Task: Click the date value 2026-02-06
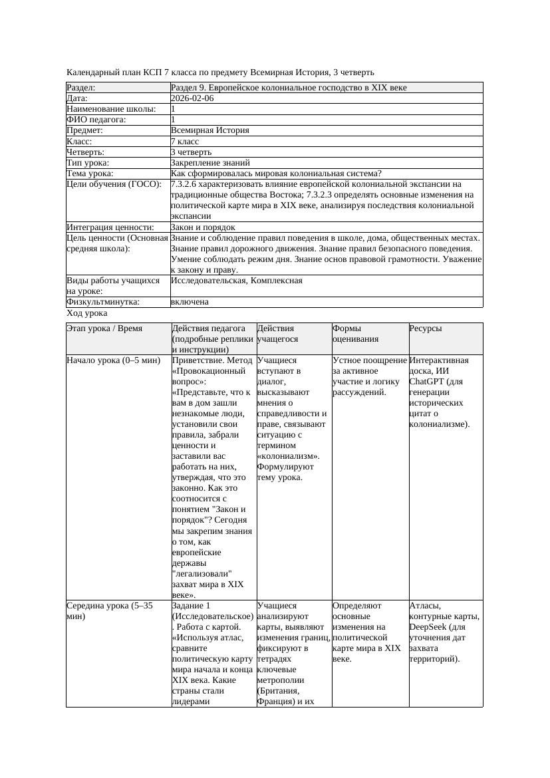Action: (192, 98)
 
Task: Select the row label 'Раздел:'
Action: (81, 88)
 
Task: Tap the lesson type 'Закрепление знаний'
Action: (210, 162)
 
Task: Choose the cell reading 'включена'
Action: (190, 302)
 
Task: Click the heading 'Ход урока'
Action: (87, 313)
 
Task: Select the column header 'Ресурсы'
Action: (426, 328)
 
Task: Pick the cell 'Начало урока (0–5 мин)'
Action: (114, 360)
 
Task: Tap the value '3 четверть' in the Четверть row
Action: (190, 152)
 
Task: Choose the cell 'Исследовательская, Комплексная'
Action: (237, 281)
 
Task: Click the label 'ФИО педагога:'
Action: (96, 120)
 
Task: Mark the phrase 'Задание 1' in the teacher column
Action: (191, 606)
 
